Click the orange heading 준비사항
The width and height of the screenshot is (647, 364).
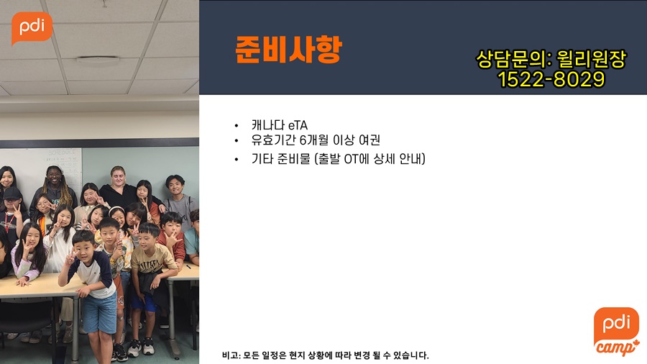[288, 50]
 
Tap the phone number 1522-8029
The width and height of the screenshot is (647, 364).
[551, 79]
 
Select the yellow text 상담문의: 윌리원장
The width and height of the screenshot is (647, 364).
[551, 59]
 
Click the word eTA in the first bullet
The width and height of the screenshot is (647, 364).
[298, 125]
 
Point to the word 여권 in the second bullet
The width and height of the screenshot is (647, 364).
[369, 140]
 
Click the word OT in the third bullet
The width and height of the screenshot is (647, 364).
[351, 159]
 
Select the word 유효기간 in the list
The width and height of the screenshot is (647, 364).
[274, 140]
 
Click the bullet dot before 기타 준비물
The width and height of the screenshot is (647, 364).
[237, 159]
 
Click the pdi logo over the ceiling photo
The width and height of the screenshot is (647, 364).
[32, 28]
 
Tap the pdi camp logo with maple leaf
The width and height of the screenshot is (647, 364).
[617, 332]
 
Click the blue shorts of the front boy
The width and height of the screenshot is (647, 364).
[99, 313]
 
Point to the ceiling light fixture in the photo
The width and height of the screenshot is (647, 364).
[98, 60]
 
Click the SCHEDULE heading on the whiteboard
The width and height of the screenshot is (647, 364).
[63, 153]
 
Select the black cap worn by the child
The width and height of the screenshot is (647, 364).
[12, 193]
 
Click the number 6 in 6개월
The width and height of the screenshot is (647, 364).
[303, 140]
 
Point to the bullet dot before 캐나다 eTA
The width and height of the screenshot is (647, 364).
[237, 125]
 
